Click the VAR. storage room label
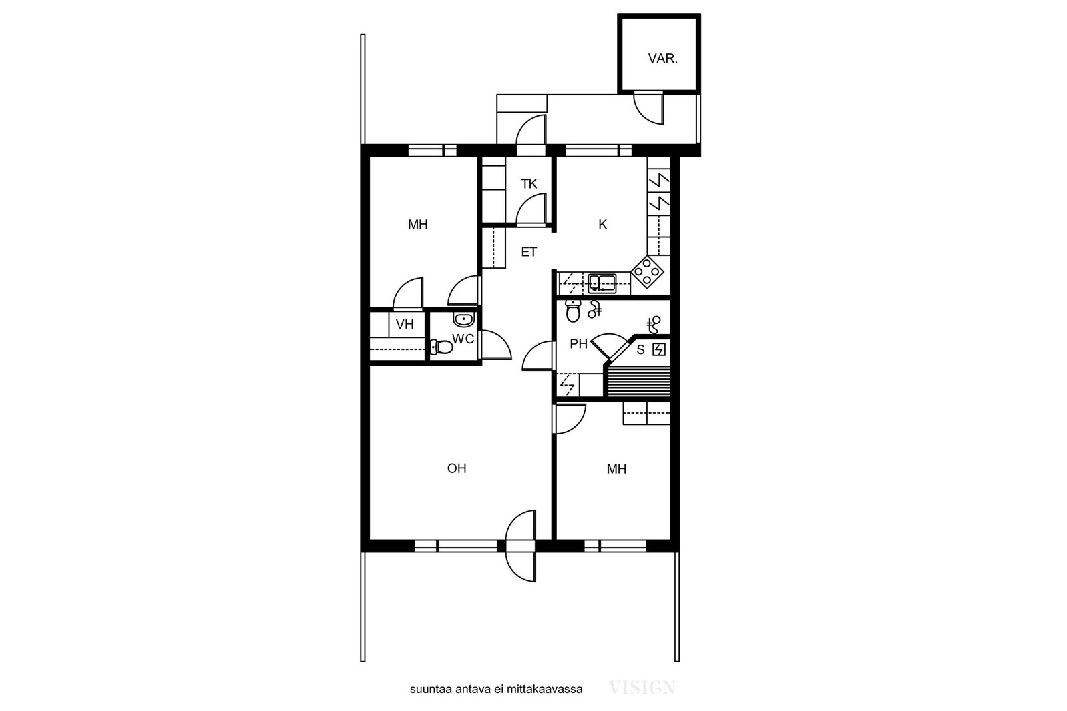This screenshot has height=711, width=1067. pos(662,59)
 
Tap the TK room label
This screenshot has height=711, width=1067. pos(529,184)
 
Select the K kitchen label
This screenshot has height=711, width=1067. pos(603,224)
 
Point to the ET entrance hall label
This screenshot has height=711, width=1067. pos(529,252)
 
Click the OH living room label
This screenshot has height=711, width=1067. pos(457,468)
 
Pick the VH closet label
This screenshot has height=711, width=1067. pos(405,325)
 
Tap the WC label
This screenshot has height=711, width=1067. pos(463,339)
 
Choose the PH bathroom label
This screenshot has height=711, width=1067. pos(579,344)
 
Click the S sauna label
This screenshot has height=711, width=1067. pos(641,349)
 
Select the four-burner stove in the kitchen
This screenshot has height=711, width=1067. pos(648,273)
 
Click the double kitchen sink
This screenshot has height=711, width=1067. pos(602,283)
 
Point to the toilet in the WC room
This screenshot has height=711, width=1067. pos(441,347)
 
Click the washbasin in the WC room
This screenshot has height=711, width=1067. pos(463,319)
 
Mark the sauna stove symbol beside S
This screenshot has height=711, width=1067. pos(659,350)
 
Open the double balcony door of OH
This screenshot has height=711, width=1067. pos(521,546)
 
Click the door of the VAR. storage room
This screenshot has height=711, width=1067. pos(648,109)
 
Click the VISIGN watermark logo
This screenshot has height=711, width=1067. pos(642,688)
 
